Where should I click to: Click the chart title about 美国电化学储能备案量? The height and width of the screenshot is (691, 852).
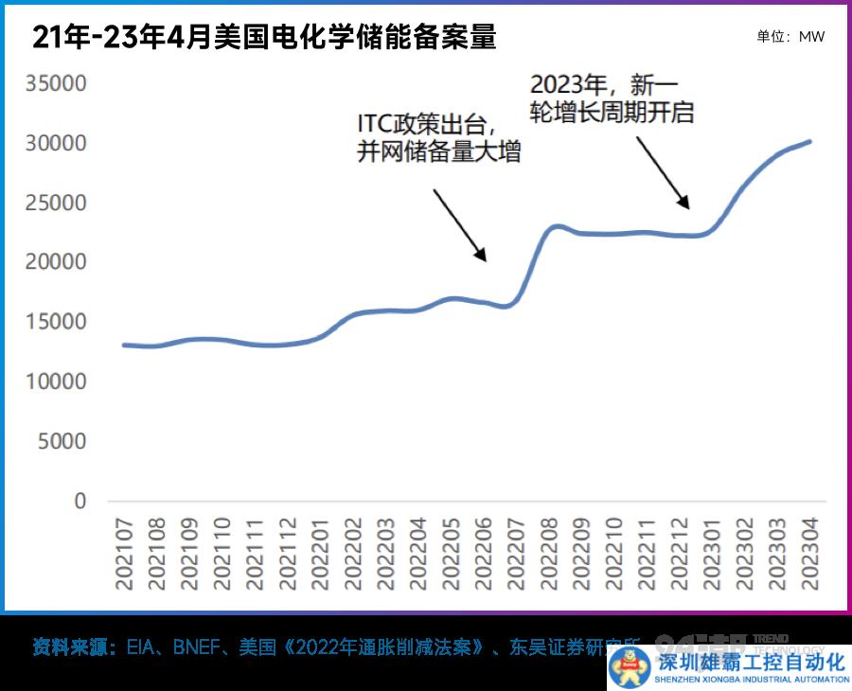264,37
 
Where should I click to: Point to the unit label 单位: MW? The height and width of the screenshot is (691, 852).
790,37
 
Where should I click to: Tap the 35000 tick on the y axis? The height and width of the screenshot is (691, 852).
56,83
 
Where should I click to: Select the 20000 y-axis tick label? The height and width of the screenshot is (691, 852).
56,262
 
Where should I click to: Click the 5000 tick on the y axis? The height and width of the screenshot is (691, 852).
62,441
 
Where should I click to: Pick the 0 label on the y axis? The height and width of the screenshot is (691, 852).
80,501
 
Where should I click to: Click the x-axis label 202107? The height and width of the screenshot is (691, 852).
124,554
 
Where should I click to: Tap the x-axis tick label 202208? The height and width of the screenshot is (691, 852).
550,554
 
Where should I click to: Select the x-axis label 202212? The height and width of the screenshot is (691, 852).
681,554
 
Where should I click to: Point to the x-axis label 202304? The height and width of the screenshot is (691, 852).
811,554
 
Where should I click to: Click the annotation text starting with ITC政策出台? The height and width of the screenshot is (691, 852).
439,138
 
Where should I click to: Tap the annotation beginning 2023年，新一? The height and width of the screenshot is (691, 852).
612,98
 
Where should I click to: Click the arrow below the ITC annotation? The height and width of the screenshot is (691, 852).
460,224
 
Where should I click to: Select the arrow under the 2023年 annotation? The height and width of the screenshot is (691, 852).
663,171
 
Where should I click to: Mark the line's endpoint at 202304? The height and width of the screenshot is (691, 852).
810,141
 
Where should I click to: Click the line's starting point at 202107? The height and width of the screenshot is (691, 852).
124,345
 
